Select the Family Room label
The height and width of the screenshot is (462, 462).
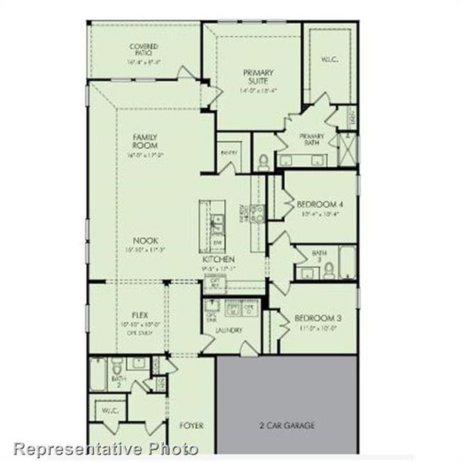click(x=144, y=142)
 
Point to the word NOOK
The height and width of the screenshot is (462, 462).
click(x=144, y=239)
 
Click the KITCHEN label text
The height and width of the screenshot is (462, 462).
click(x=218, y=260)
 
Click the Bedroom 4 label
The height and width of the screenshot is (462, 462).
click(x=320, y=204)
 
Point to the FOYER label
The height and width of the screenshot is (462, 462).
click(x=191, y=425)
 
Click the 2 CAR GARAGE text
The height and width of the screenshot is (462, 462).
click(x=286, y=425)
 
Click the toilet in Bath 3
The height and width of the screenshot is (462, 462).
click(x=329, y=269)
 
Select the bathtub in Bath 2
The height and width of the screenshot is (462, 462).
click(x=99, y=375)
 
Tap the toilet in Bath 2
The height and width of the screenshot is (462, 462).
click(x=116, y=364)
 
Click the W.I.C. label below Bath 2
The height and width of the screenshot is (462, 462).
click(x=109, y=411)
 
